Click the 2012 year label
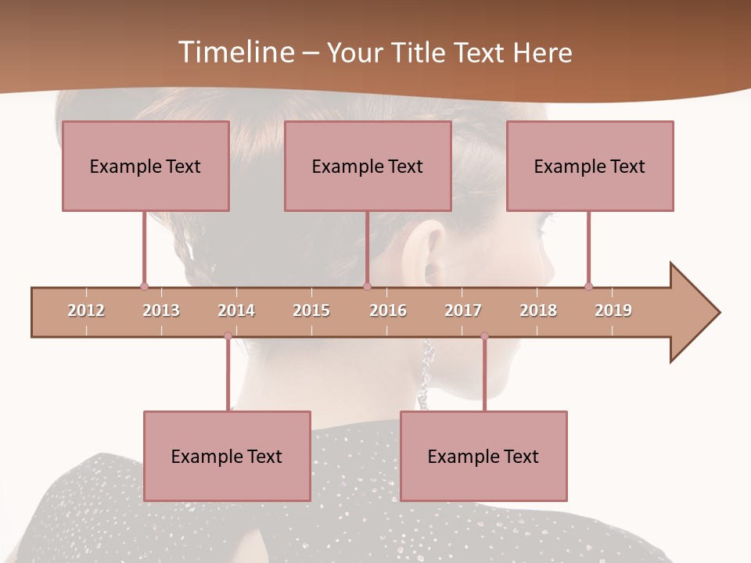pyautogui.click(x=86, y=310)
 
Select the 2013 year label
pyautogui.click(x=161, y=310)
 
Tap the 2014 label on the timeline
pyautogui.click(x=236, y=310)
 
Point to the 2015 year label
pyautogui.click(x=311, y=310)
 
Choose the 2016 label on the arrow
pyautogui.click(x=388, y=310)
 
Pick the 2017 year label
pyautogui.click(x=463, y=310)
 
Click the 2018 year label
pyautogui.click(x=538, y=310)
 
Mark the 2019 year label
pyautogui.click(x=613, y=310)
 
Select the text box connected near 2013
pyautogui.click(x=146, y=166)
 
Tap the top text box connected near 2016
pyautogui.click(x=368, y=166)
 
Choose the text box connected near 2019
pyautogui.click(x=590, y=166)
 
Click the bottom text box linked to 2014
pyautogui.click(x=227, y=456)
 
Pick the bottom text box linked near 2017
pyautogui.click(x=483, y=456)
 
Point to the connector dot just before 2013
pyautogui.click(x=144, y=286)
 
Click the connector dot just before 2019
pyautogui.click(x=588, y=286)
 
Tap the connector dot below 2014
pyautogui.click(x=228, y=336)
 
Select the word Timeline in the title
pyautogui.click(x=235, y=52)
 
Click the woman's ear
pyautogui.click(x=426, y=250)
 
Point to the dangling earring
pyautogui.click(x=427, y=368)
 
